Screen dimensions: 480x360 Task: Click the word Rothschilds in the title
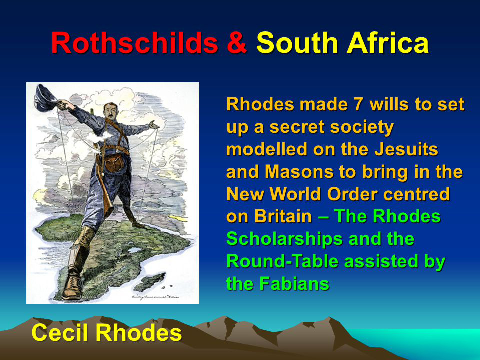pyautogui.click(x=134, y=43)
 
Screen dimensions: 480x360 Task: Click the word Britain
pyautogui.click(x=283, y=216)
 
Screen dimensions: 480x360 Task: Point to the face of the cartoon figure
pyautogui.click(x=110, y=110)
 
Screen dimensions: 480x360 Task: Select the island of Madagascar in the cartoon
pyautogui.click(x=150, y=282)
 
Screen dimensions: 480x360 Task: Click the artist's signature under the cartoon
pyautogui.click(x=155, y=296)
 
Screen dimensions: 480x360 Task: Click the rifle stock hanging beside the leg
pyautogui.click(x=108, y=202)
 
